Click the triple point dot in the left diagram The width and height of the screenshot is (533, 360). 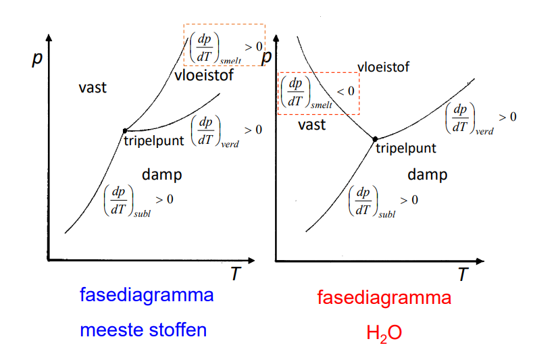[x=125, y=130]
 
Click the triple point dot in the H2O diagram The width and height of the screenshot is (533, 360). [x=375, y=139]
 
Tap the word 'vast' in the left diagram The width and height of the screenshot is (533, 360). [x=93, y=88]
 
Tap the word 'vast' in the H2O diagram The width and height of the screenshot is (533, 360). [x=311, y=125]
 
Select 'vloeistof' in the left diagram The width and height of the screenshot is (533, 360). [x=204, y=75]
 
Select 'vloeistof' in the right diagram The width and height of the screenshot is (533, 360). [x=383, y=67]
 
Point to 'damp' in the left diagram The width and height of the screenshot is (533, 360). [x=162, y=175]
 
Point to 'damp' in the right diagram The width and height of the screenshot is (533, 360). [x=428, y=175]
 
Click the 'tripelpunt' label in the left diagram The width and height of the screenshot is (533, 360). [x=153, y=140]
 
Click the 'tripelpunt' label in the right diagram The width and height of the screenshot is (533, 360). [x=406, y=149]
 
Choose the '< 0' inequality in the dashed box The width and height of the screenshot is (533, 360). [x=345, y=91]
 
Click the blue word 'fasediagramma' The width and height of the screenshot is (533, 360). [x=147, y=295]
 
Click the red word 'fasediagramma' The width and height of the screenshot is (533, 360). [x=384, y=298]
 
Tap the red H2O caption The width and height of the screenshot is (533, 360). [x=384, y=333]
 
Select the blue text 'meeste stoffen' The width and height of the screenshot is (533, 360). [x=143, y=330]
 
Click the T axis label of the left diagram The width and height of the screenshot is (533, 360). [x=236, y=274]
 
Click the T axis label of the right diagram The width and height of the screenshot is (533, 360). [x=463, y=274]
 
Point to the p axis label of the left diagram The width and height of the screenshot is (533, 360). [x=37, y=59]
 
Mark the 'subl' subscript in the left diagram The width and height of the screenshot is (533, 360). [x=142, y=214]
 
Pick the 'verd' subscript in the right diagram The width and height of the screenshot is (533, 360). [x=484, y=131]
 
